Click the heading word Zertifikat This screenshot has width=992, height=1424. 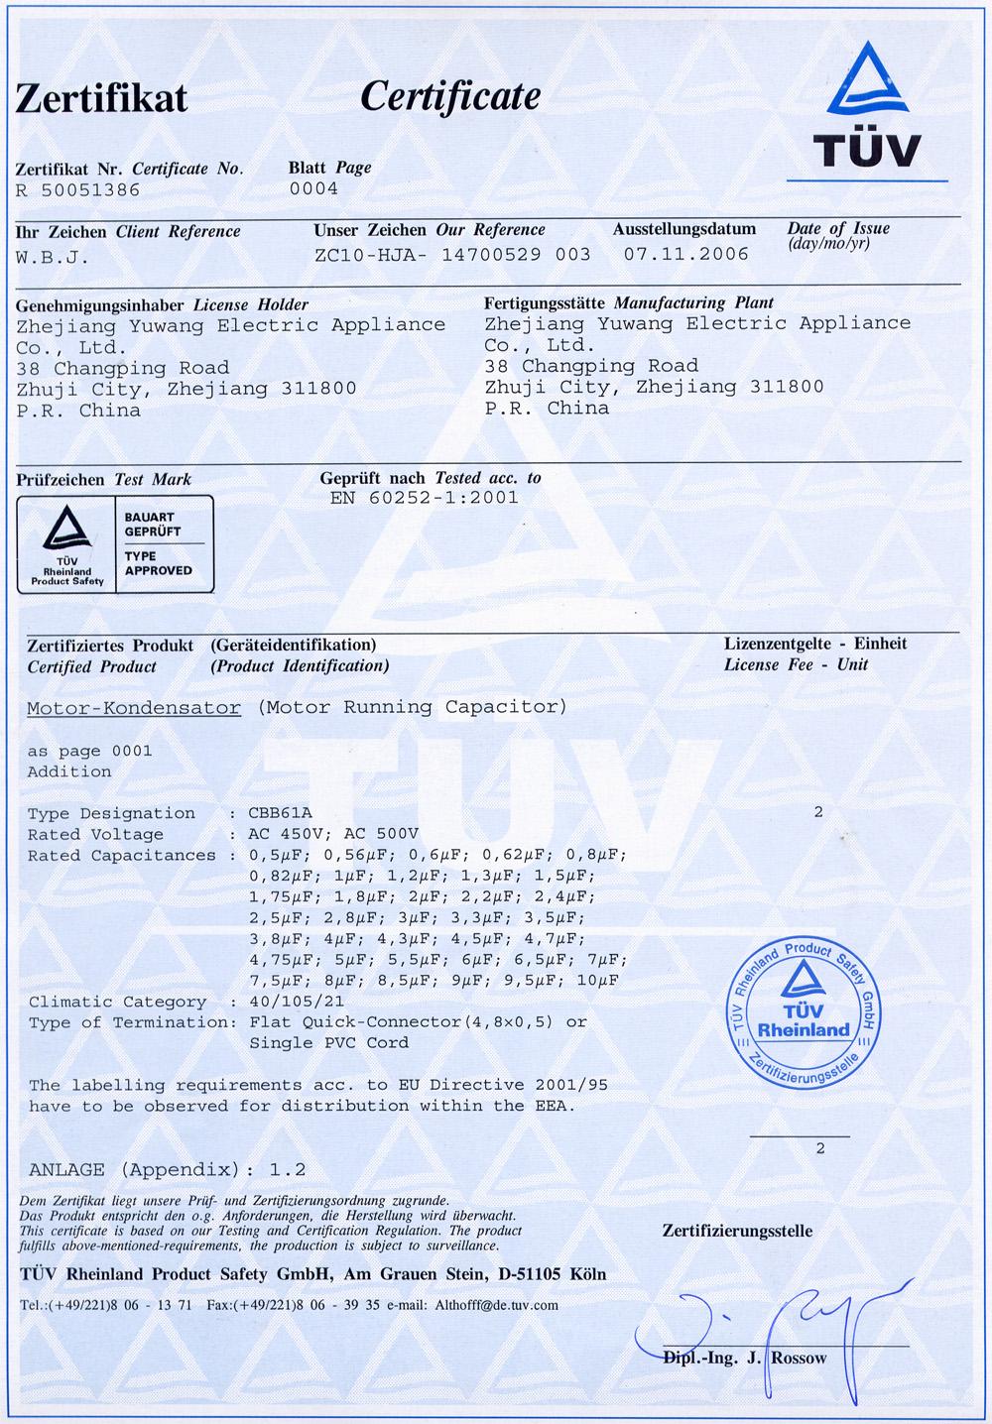[x=101, y=98]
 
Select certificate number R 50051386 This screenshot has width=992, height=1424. [x=78, y=189]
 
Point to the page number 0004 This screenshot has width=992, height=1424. [x=313, y=188]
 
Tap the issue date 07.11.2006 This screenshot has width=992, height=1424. [x=686, y=254]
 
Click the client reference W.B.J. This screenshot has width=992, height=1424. [x=53, y=257]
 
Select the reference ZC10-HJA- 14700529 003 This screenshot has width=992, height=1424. [x=451, y=254]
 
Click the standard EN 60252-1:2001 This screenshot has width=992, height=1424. [x=424, y=498]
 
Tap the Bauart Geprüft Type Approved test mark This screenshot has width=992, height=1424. [x=116, y=544]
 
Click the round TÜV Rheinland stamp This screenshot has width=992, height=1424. [x=805, y=1017]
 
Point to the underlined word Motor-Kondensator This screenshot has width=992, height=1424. [x=134, y=708]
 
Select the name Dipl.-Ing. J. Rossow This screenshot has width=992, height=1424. [x=744, y=1359]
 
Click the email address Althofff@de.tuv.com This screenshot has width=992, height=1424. [x=496, y=1305]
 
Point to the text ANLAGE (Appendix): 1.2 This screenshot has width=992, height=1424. [x=167, y=1168]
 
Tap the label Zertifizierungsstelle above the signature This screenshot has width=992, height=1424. [x=737, y=1232]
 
